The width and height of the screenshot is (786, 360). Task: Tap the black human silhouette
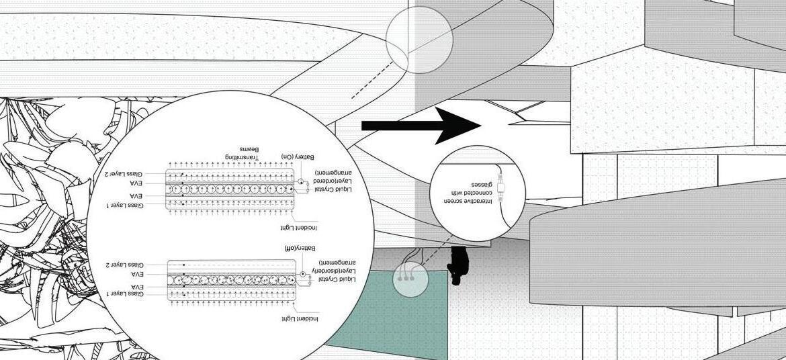pyautogui.click(x=459, y=265)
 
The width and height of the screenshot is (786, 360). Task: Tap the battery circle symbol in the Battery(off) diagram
pyautogui.click(x=303, y=274)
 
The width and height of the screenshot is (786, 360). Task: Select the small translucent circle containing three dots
pyautogui.click(x=410, y=277)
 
